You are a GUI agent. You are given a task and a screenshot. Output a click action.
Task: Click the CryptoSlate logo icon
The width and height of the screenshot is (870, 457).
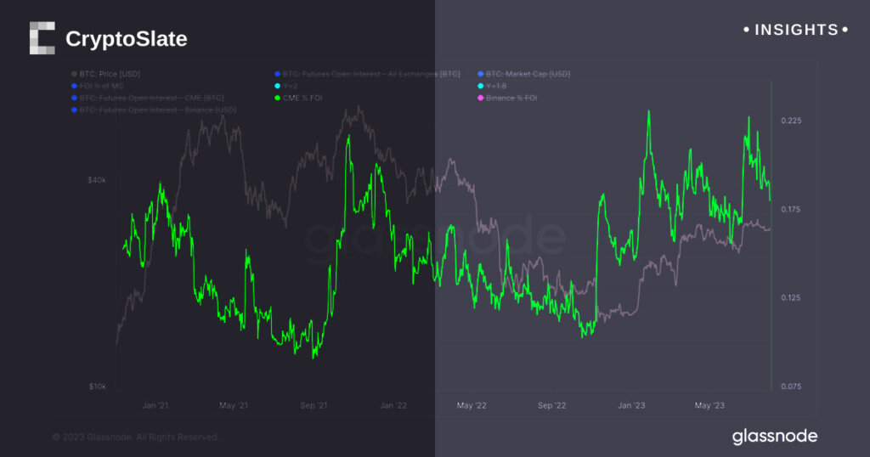pos(42,39)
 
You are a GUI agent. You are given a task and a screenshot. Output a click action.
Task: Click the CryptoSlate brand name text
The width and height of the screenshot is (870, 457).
pos(126,39)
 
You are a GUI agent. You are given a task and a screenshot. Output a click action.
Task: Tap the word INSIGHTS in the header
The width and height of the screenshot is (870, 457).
pos(796,31)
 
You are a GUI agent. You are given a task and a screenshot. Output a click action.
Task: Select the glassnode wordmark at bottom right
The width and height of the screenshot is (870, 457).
pos(775,437)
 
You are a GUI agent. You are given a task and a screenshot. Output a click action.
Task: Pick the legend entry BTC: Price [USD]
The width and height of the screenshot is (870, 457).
pos(111,74)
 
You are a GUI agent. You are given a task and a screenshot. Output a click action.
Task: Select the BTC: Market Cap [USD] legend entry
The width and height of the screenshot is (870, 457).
pos(528,74)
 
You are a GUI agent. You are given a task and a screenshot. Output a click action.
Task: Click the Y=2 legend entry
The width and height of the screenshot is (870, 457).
pos(291,86)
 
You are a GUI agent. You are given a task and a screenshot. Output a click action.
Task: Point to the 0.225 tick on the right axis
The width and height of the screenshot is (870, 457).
pos(791,121)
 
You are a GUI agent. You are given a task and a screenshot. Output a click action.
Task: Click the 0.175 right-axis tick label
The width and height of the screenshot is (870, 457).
pos(791,209)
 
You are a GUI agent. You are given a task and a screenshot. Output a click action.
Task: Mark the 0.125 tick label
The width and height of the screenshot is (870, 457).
pos(791,297)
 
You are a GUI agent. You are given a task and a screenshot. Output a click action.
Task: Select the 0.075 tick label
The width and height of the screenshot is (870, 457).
pos(791,386)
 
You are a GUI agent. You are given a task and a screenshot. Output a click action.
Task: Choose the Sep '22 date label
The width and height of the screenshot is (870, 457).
pos(551,406)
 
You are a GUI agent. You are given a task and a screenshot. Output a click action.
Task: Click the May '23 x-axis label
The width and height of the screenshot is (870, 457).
pos(709,406)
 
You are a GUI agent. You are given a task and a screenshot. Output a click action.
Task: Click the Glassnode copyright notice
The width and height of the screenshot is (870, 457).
pos(136,437)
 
